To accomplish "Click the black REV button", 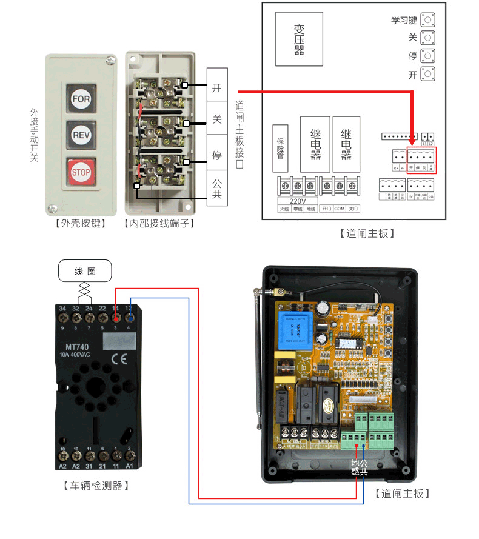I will point(81,134).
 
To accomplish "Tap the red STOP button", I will point(81,172).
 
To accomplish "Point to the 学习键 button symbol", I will point(429,19).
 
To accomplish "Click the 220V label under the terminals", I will point(298,201).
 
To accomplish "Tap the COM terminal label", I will point(340,208).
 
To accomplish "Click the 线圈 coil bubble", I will point(85,271).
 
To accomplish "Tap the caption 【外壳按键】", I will point(80,224).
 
